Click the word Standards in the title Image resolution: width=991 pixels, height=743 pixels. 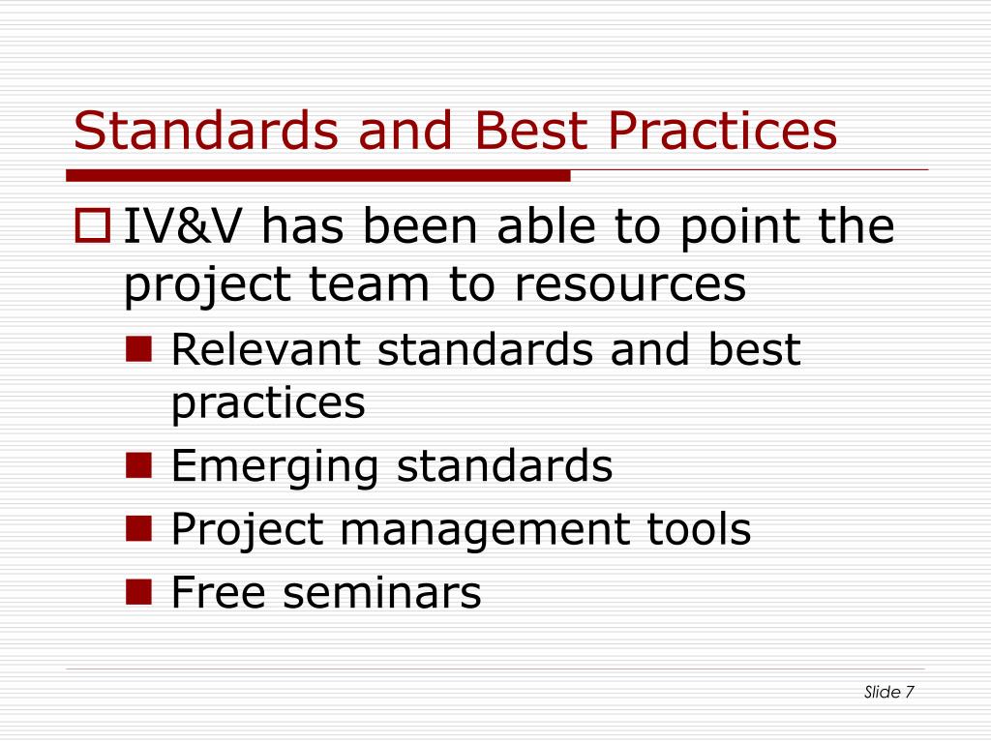coord(206,131)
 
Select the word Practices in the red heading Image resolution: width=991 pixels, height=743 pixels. coord(722,131)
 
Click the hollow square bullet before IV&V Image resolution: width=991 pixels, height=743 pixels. coord(92,225)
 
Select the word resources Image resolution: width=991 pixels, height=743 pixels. coord(630,284)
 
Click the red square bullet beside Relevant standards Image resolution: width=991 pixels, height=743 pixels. coord(139,348)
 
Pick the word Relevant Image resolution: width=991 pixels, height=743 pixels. coord(266,348)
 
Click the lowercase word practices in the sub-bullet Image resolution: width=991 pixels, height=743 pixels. coord(268,404)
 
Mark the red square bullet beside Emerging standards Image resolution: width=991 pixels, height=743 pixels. coord(139,465)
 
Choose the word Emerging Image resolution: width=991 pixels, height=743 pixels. coord(275,467)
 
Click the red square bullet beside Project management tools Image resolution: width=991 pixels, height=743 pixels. coord(139,529)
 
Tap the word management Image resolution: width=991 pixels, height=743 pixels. coord(485,531)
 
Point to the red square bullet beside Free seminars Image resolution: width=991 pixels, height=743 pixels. coord(139,592)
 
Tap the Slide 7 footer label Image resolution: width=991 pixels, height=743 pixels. coord(888,692)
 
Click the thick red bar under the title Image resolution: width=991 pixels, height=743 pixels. coord(317,176)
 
